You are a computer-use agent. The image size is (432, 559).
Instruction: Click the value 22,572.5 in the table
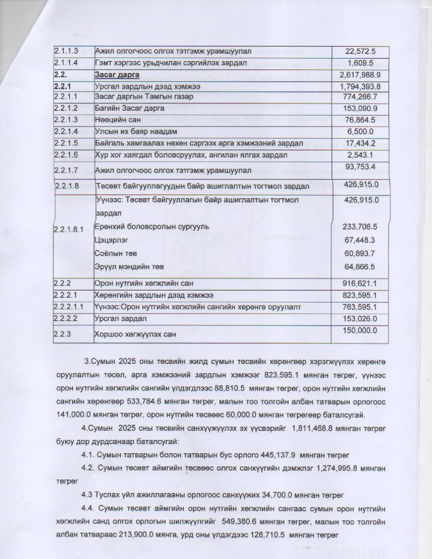tap(360, 51)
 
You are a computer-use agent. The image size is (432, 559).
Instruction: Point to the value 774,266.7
tap(360, 97)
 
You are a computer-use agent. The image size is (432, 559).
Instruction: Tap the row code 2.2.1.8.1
tap(69, 230)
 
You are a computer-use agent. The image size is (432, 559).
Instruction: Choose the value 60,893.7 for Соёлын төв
tap(360, 253)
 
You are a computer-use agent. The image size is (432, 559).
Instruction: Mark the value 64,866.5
tap(360, 267)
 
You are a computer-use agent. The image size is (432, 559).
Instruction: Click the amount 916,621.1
tap(360, 283)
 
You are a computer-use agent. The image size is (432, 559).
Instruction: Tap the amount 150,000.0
tap(360, 331)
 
